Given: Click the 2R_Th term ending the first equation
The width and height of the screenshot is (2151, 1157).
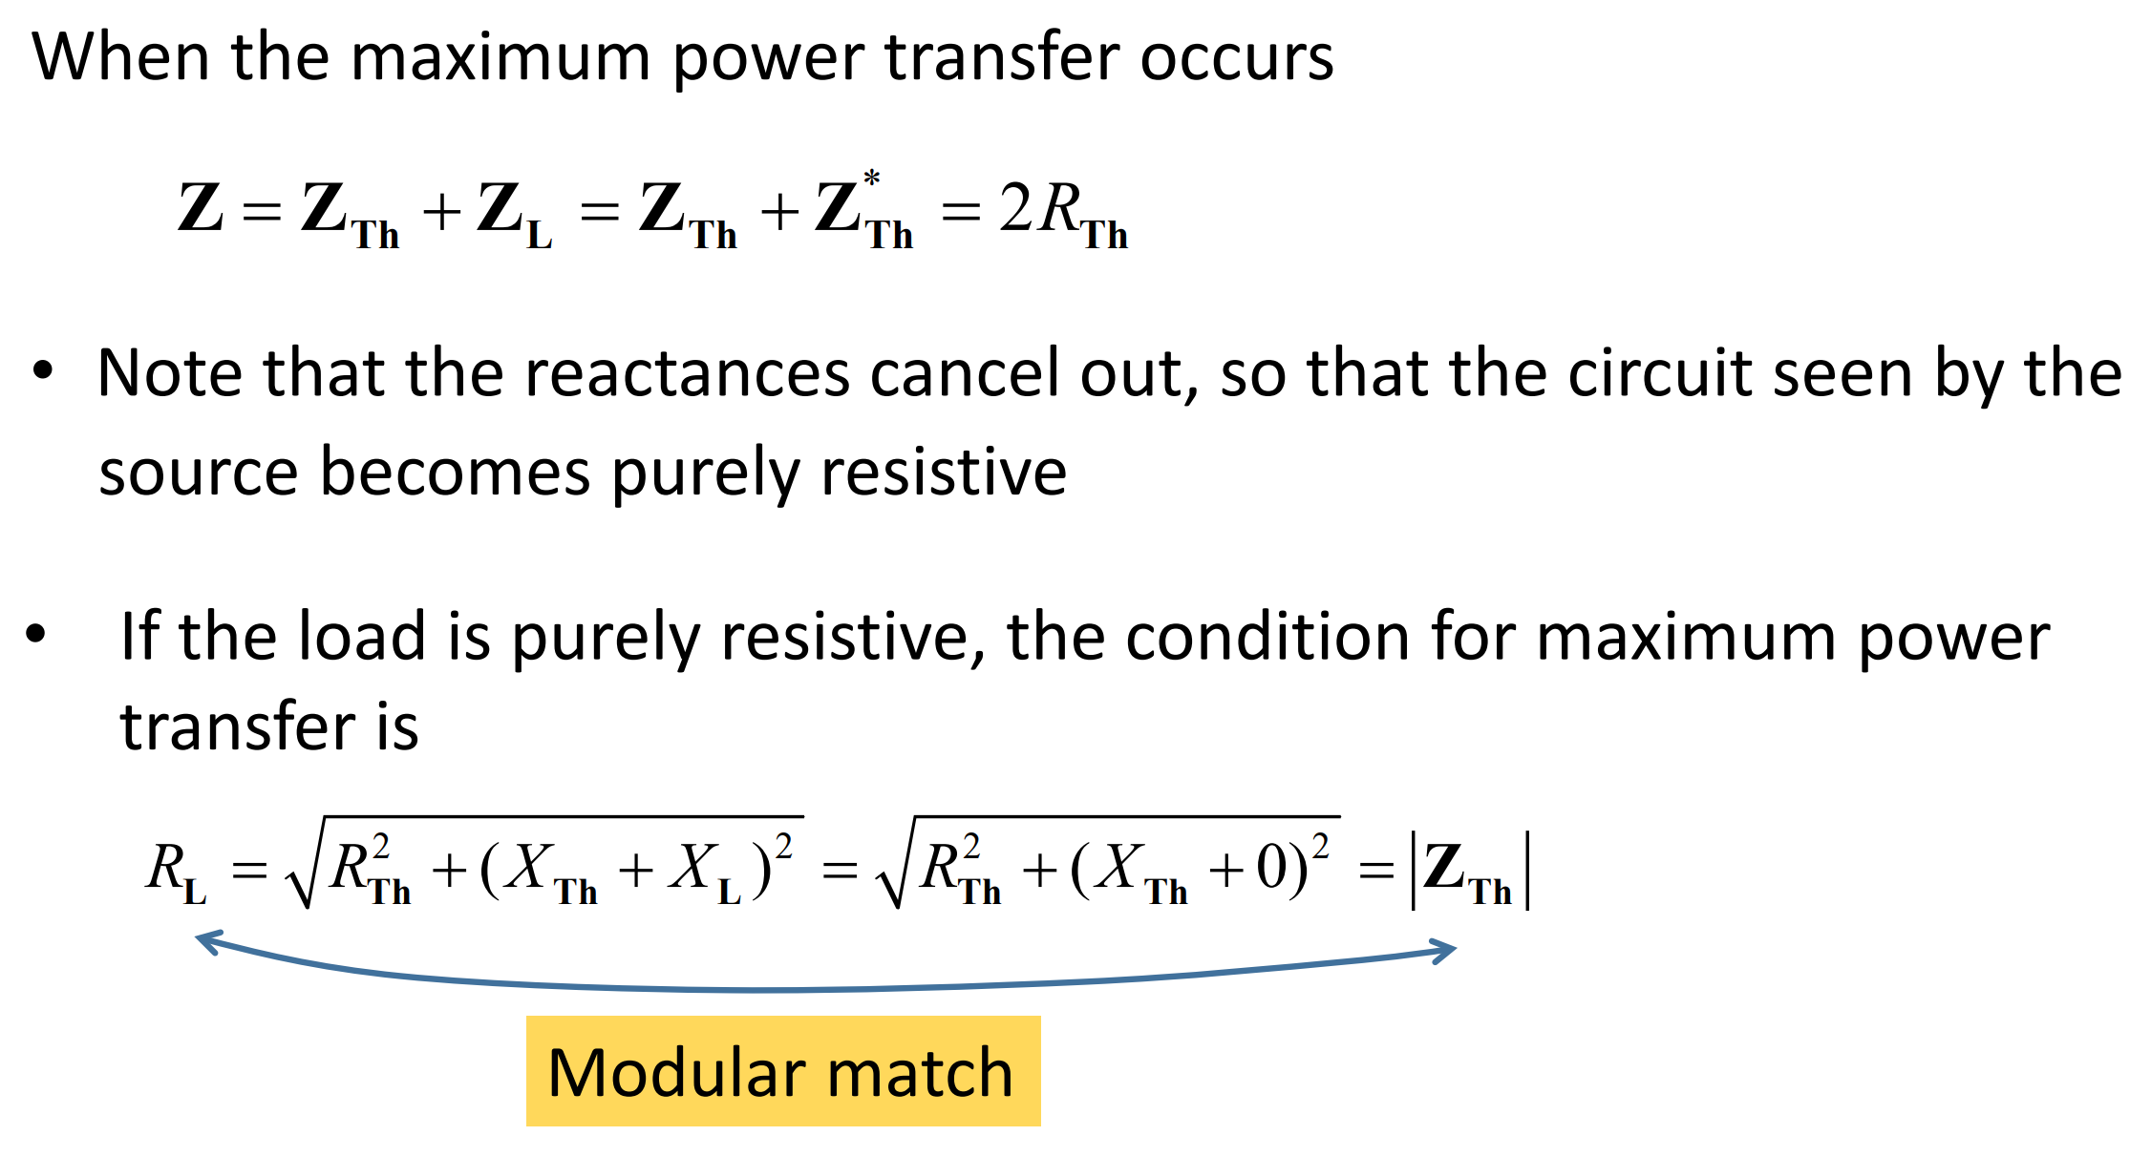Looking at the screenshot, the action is tap(1062, 212).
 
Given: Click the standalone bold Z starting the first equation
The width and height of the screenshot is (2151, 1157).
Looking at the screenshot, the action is tap(201, 208).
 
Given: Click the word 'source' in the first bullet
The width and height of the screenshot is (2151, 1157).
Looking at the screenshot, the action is tap(199, 472).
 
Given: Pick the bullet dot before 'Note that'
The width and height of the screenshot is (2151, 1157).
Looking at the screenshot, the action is tap(43, 370).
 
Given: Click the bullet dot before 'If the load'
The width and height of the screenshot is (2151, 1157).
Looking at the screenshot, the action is tap(36, 633).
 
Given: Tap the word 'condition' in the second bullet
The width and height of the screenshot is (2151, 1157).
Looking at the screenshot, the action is tap(1266, 637).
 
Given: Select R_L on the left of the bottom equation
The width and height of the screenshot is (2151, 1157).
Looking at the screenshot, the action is tap(176, 871).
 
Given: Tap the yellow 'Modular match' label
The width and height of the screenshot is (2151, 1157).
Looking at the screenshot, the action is tap(782, 1071).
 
